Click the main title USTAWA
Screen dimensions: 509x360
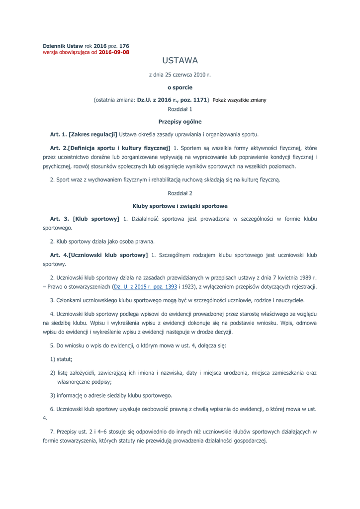coord(180,61)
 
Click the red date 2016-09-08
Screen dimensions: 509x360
coord(114,52)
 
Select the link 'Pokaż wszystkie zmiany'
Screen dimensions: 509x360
coord(239,100)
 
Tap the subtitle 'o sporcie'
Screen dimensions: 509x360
coord(180,87)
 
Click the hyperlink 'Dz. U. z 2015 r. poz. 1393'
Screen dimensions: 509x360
coord(145,287)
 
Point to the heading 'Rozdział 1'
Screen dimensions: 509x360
coord(180,109)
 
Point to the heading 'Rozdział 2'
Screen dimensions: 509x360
coord(180,193)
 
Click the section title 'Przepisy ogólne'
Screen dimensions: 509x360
coord(180,121)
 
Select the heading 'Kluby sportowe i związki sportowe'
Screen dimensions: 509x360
coord(180,205)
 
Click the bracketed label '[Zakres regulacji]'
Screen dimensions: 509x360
coord(92,134)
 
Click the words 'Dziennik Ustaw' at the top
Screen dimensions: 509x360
coord(63,46)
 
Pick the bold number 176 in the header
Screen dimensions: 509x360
coord(124,46)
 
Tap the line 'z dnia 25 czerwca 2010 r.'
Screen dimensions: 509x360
coord(180,75)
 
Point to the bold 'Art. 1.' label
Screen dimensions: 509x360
coord(58,134)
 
